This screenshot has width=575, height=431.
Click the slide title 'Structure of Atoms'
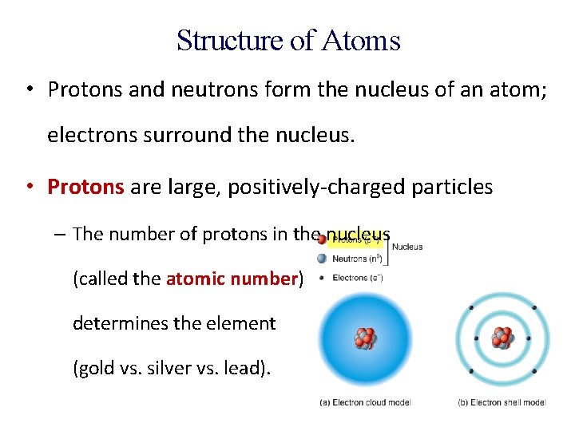[x=288, y=40]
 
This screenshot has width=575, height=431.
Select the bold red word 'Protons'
[x=85, y=187]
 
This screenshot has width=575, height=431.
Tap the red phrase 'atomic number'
[x=232, y=279]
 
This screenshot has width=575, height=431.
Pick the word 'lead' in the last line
[x=245, y=368]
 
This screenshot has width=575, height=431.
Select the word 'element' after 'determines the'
[x=240, y=323]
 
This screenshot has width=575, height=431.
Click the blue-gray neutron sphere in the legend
[x=322, y=259]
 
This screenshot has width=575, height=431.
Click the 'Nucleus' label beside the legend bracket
[x=407, y=247]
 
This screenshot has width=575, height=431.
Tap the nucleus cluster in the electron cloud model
[x=365, y=338]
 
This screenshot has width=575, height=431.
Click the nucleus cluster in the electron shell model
[x=502, y=338]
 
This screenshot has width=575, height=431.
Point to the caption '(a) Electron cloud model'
[x=365, y=402]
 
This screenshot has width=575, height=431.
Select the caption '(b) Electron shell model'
[x=502, y=402]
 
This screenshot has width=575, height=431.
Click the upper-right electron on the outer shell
[x=533, y=307]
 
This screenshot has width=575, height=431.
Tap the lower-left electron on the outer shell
[x=471, y=370]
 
